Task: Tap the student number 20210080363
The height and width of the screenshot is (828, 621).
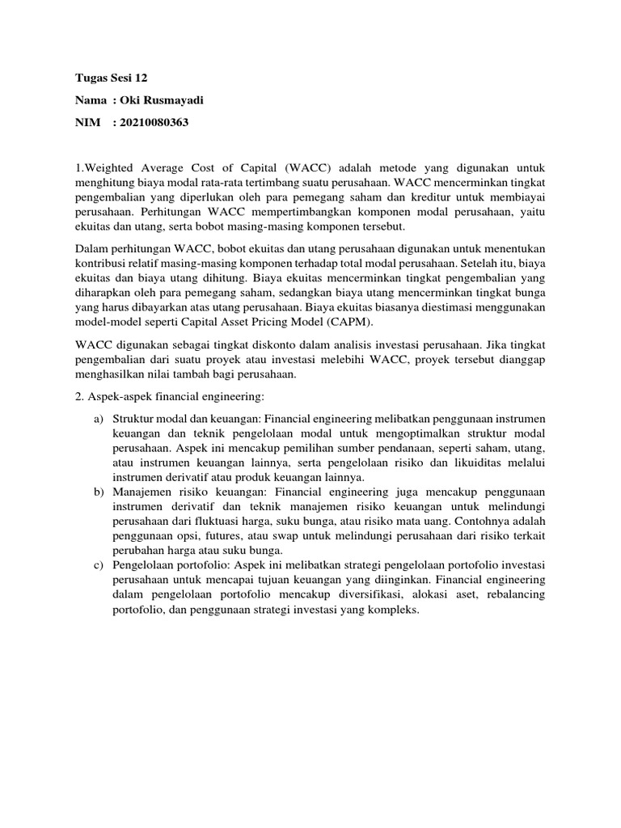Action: click(x=153, y=122)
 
